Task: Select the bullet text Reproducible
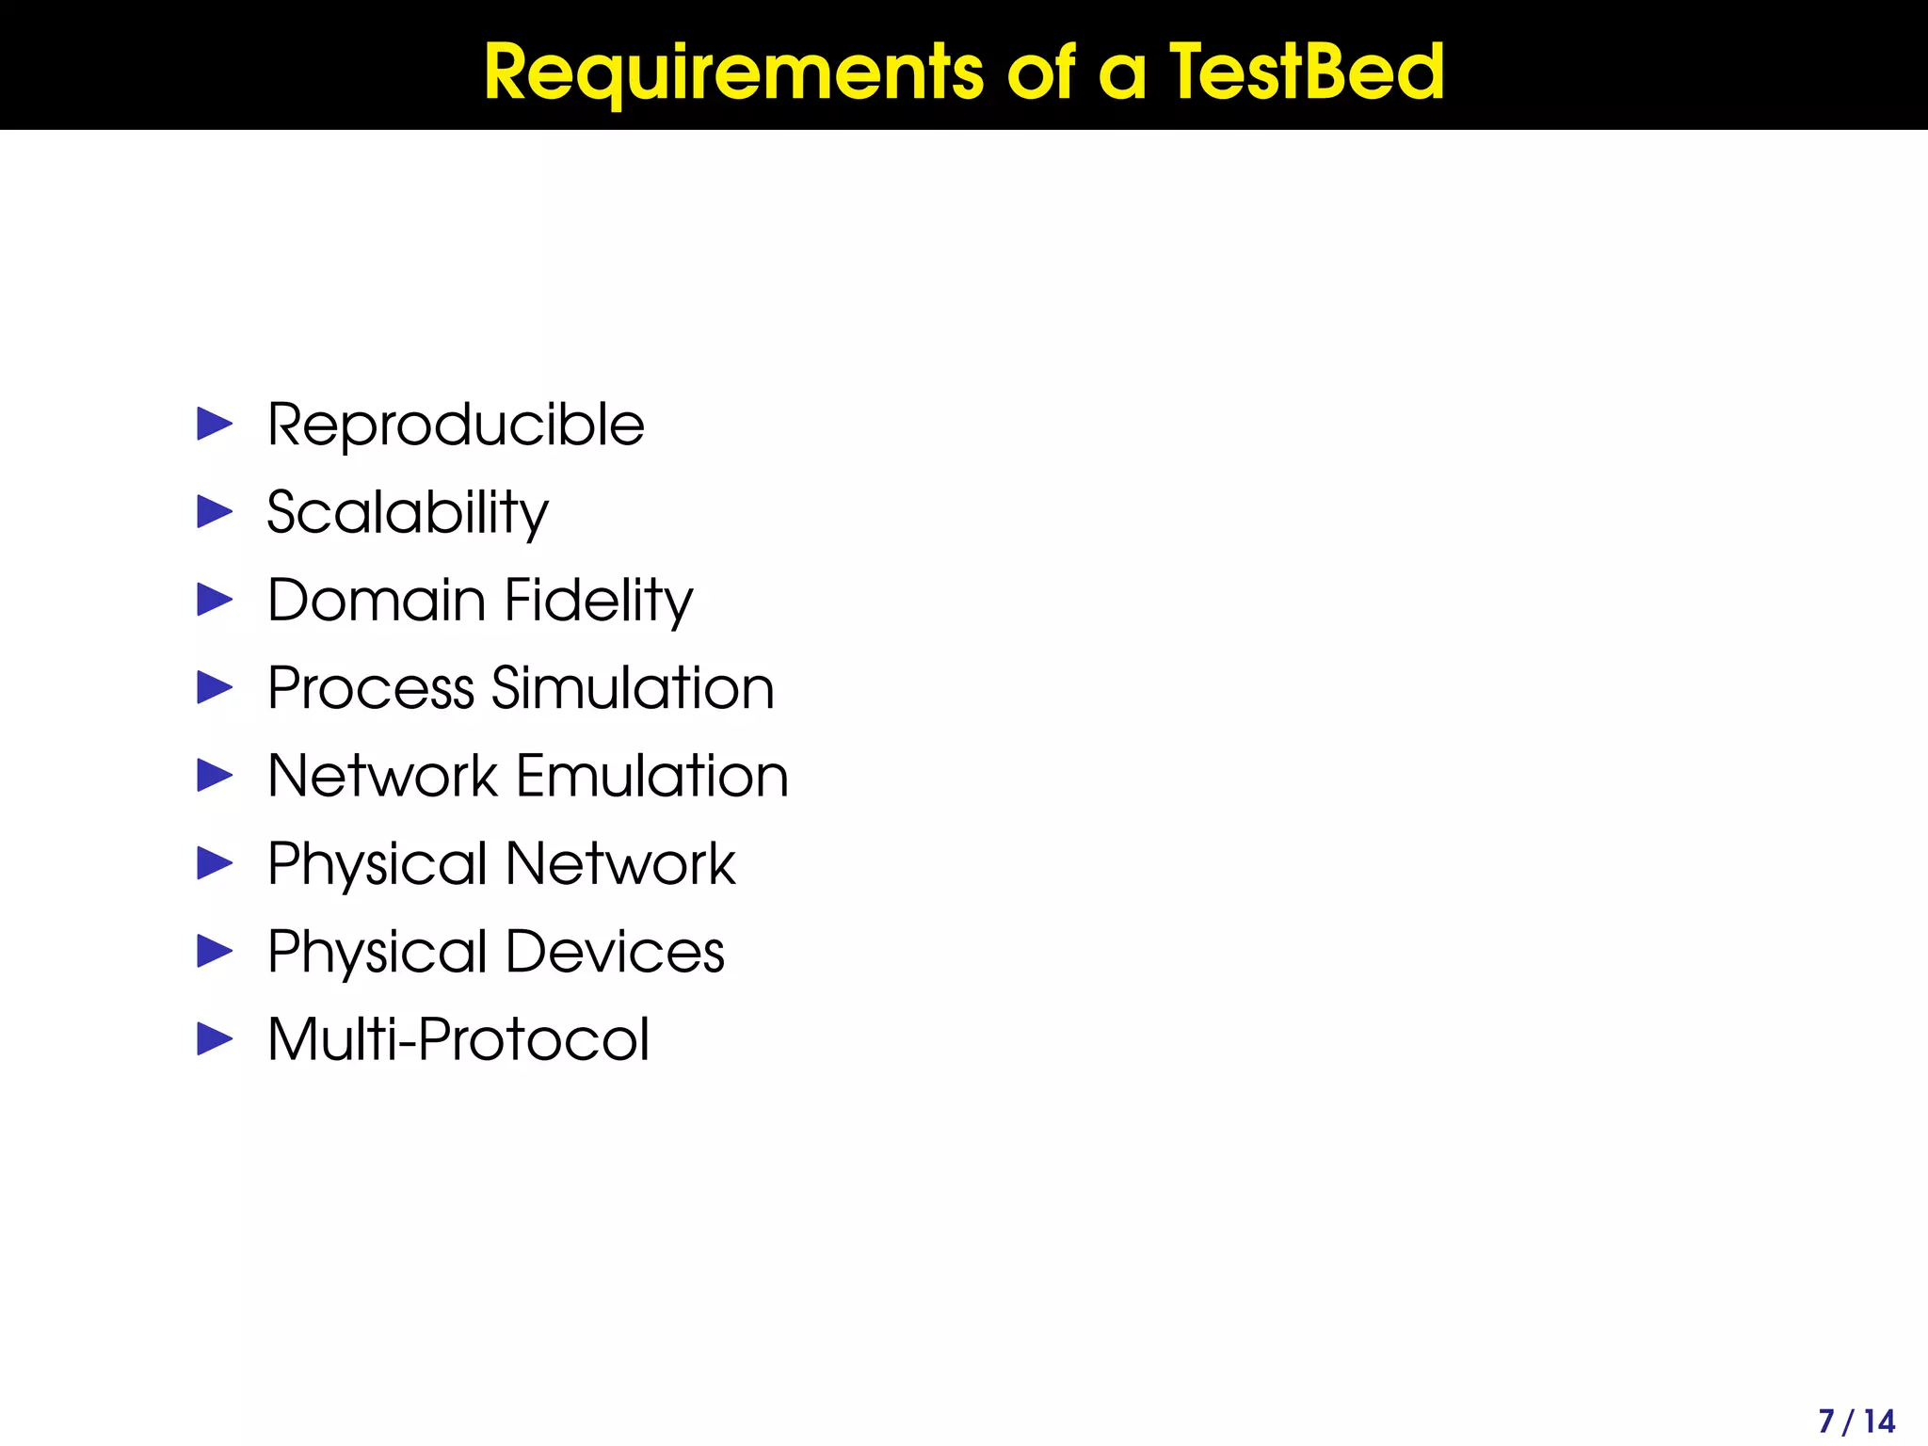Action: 456,426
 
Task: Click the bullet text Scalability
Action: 408,513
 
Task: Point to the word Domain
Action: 376,601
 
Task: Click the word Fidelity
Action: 599,601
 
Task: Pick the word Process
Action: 371,688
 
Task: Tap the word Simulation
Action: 633,688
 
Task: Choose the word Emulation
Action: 652,776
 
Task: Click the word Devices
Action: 616,952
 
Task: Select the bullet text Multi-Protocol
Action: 458,1039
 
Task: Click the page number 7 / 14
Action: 1856,1421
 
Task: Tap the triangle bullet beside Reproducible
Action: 215,425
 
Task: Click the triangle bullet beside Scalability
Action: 215,512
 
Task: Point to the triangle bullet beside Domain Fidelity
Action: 215,600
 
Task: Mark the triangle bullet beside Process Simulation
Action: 215,687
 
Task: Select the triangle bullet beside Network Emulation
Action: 215,776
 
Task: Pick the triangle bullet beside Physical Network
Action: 215,863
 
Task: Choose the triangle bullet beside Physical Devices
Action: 215,951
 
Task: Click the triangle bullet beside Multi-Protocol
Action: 215,1039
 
